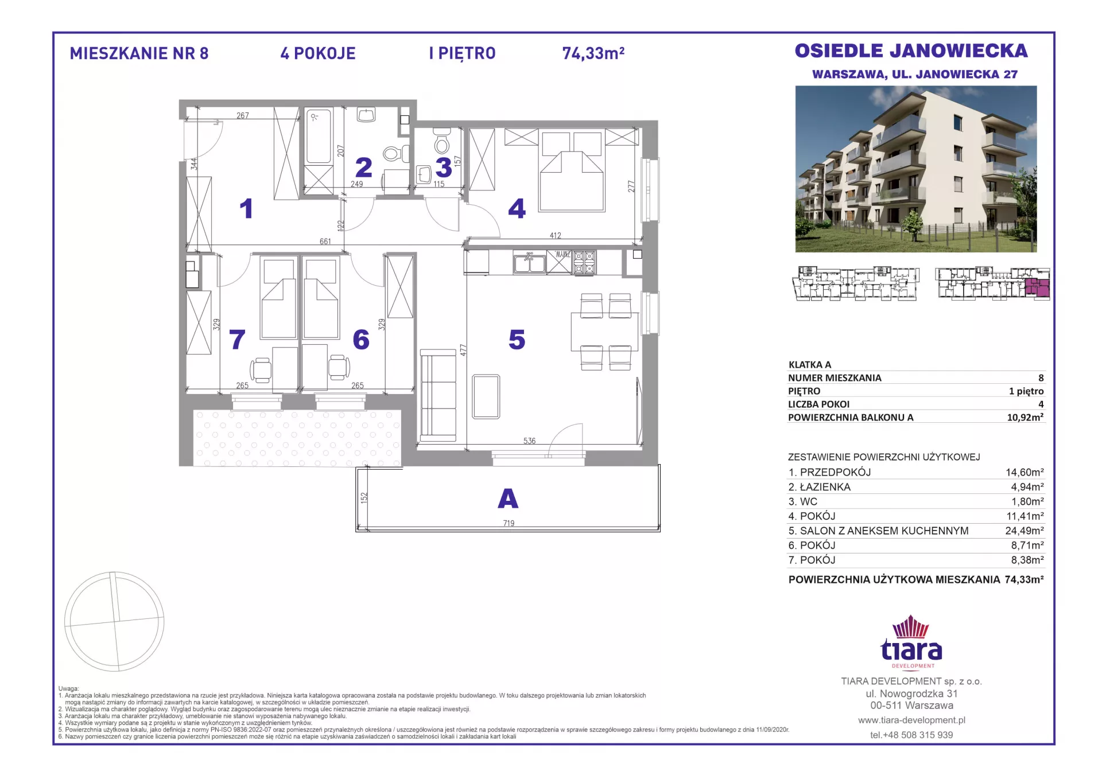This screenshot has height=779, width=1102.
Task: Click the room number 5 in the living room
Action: [517, 340]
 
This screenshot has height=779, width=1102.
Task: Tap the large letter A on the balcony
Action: [508, 499]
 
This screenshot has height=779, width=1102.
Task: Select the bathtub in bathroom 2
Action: [318, 137]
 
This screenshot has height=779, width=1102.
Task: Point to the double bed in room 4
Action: [571, 171]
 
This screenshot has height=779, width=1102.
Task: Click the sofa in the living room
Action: [438, 395]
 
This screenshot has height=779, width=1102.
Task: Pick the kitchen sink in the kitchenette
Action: [529, 263]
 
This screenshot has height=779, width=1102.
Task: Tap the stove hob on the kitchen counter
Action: [584, 262]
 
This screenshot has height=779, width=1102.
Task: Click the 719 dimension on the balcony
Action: [509, 523]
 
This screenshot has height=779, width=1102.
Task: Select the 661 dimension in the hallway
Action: [325, 242]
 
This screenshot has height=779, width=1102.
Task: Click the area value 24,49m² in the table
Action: [1024, 531]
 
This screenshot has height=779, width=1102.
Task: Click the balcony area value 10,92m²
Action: [1025, 418]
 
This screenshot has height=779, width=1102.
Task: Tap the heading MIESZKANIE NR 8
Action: [139, 53]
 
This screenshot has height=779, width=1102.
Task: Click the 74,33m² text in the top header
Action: [593, 53]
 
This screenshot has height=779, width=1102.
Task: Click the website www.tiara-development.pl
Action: [911, 720]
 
